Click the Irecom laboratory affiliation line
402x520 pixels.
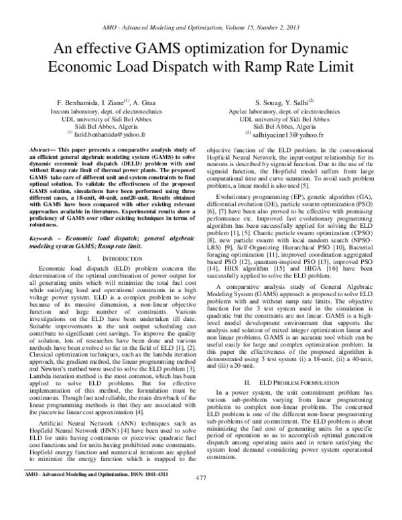click(x=98, y=110)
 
